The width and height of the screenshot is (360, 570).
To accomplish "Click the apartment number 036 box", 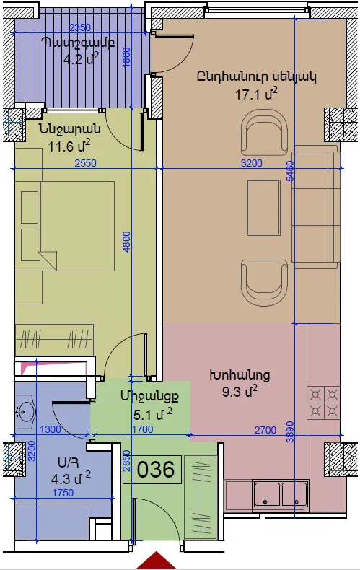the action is [152, 469].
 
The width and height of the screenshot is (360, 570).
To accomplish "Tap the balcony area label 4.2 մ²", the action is [81, 58].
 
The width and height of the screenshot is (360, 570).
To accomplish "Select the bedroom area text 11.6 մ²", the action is [69, 146].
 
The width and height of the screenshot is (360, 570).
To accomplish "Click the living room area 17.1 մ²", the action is [256, 94].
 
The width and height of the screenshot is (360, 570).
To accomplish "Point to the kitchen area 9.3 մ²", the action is [240, 392].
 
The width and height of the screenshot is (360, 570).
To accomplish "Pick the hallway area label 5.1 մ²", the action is [153, 413].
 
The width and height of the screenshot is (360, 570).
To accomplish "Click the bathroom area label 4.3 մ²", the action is [71, 478].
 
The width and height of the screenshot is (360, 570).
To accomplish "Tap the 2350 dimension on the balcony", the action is [80, 27].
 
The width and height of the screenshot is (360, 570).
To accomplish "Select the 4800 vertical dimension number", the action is [126, 242].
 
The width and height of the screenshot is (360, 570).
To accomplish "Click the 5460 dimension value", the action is [290, 171].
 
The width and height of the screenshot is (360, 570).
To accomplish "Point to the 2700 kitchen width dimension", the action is [265, 431].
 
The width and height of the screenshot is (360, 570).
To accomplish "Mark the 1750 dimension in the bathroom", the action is [63, 493].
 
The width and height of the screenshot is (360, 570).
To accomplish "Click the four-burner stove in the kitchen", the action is [324, 403].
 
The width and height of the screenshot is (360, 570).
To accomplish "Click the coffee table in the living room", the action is [263, 208].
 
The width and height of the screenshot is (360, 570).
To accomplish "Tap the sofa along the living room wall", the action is [316, 207].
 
